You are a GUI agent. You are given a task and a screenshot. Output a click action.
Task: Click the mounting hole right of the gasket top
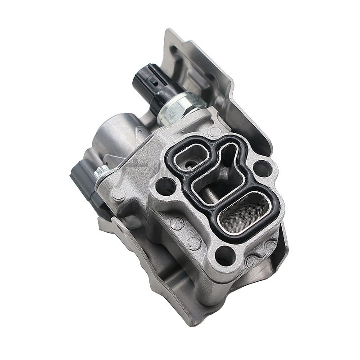click(x=263, y=169)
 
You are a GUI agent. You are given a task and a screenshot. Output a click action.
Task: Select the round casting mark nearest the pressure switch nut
click(x=215, y=131)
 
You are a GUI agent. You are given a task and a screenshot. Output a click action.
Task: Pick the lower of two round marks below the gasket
click(x=193, y=243)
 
